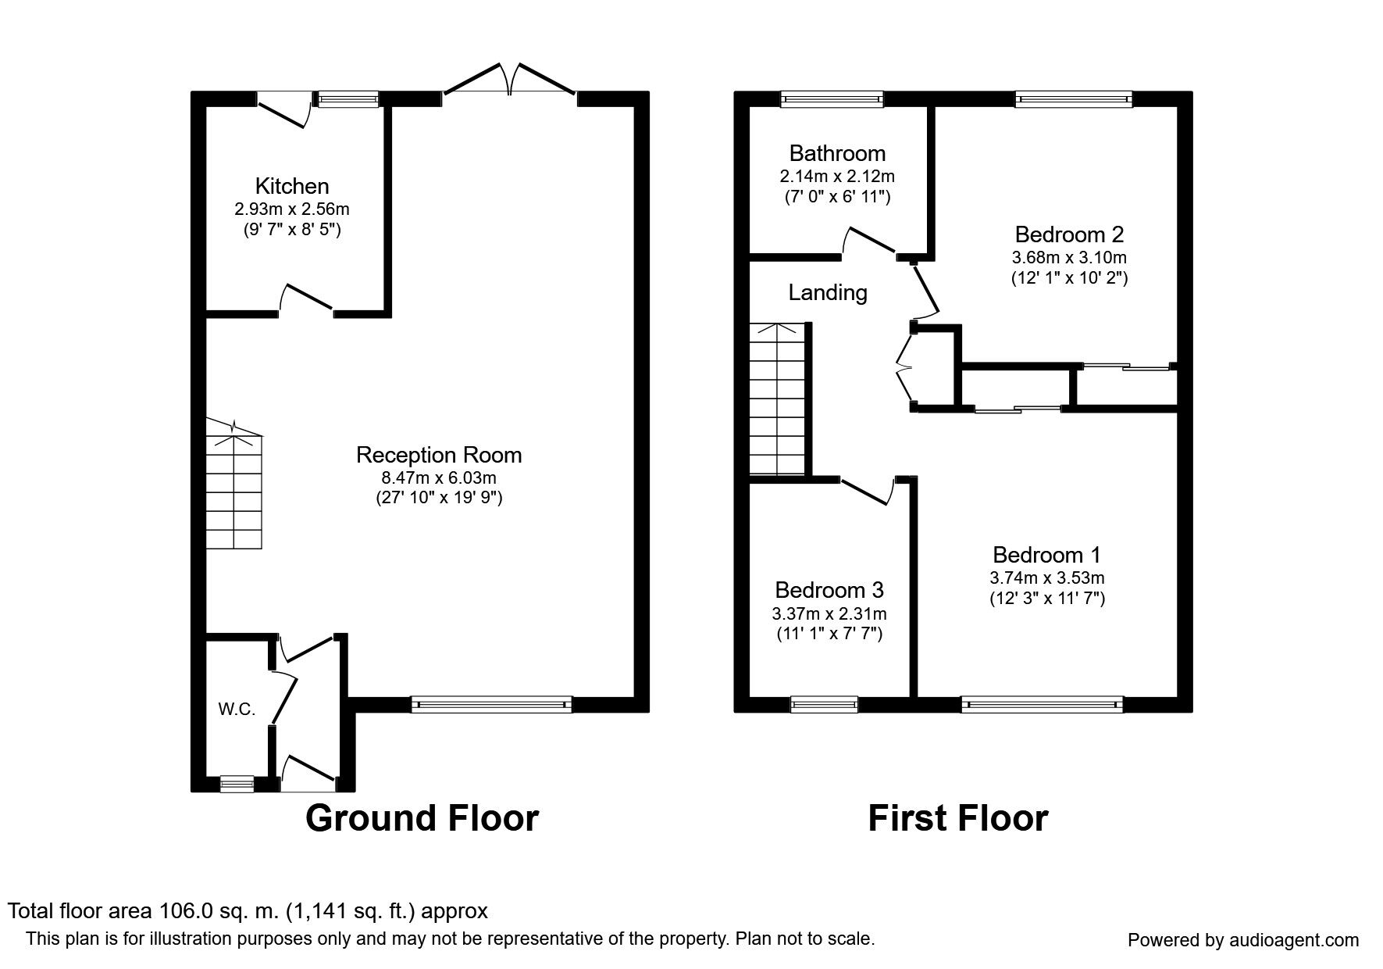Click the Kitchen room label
(292, 186)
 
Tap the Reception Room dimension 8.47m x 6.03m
(438, 477)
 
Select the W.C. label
(237, 710)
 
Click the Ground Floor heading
(422, 818)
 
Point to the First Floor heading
(957, 818)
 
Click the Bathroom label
(837, 153)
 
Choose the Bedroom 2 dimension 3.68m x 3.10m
(1069, 257)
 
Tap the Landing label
(827, 292)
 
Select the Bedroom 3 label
(829, 590)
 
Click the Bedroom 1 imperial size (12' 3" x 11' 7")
(1046, 599)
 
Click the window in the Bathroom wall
(832, 98)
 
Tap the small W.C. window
(237, 783)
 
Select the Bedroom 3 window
(824, 705)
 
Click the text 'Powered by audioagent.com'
(1243, 940)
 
